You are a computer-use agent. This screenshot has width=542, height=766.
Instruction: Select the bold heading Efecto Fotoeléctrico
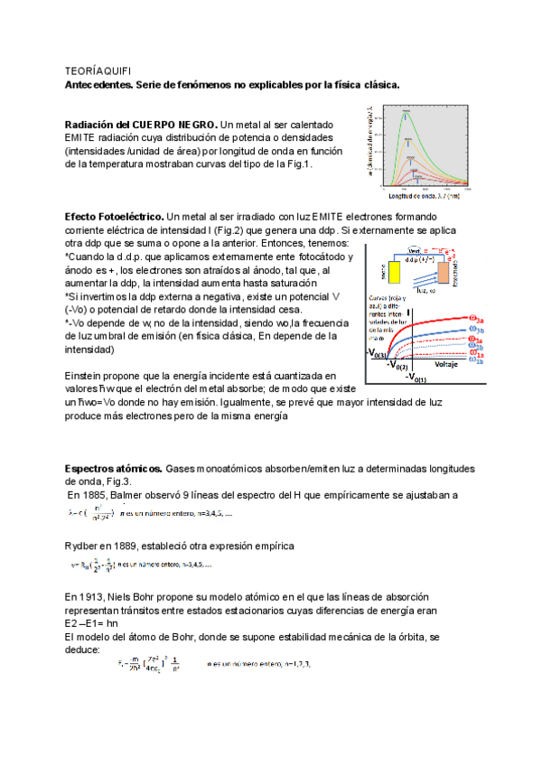[x=115, y=218]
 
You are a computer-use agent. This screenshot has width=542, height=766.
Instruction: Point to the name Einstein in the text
[x=88, y=375]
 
